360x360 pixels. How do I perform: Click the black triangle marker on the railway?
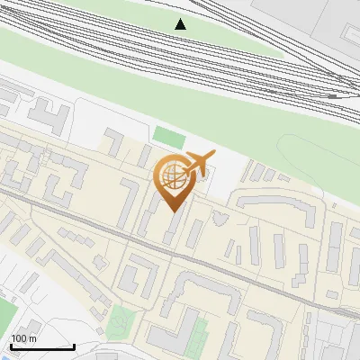click(x=181, y=23)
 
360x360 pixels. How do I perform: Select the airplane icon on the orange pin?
click(x=200, y=163)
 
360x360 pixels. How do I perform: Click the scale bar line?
click(x=42, y=347)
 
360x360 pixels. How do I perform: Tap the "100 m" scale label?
click(x=23, y=338)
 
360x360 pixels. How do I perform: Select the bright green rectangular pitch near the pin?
click(x=168, y=137)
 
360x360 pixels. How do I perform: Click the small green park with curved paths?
click(x=120, y=319)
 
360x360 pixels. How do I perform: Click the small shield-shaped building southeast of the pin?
click(x=220, y=218)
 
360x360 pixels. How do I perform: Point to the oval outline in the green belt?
click(x=310, y=153)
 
